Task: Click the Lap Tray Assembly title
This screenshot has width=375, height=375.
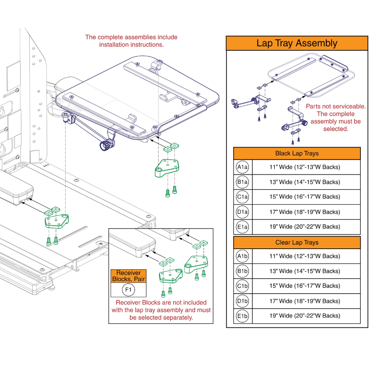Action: coord(297,43)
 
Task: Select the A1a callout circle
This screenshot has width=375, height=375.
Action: coord(242,167)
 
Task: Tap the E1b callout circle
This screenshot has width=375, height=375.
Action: coord(242,316)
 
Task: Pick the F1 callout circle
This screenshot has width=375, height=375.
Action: coord(129,290)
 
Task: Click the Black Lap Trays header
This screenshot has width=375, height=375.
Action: coord(297,153)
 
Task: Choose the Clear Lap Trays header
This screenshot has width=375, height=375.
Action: coord(297,243)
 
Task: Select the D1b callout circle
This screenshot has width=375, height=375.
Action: coord(242,301)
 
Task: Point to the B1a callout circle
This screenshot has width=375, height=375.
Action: coord(242,182)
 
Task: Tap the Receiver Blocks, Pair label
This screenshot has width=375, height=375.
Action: coord(129,276)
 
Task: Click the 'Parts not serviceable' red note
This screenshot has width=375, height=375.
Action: coord(336,117)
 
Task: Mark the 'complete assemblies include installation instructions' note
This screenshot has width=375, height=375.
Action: coord(131,41)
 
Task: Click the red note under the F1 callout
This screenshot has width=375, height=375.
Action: coord(161,310)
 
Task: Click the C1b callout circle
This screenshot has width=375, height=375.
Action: coord(242,286)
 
